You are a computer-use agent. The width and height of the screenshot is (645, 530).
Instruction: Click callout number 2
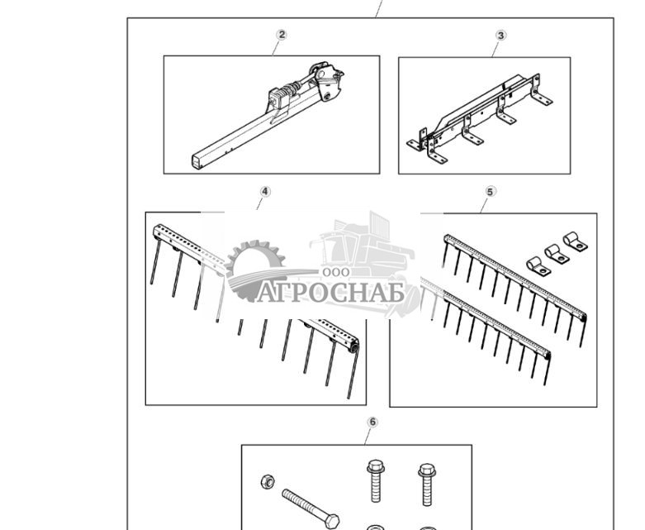(x=282, y=35)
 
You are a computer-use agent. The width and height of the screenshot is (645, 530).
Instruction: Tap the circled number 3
(x=500, y=36)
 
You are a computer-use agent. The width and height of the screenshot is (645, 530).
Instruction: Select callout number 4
(x=265, y=192)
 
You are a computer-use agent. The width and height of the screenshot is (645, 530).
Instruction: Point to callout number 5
(x=491, y=192)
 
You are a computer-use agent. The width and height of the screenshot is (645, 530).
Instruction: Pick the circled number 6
(x=372, y=423)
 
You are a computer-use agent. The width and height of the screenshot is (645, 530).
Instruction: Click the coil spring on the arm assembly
(x=292, y=89)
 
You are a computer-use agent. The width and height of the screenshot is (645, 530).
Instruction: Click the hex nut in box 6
(x=268, y=481)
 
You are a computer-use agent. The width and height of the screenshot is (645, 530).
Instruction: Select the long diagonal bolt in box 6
(x=311, y=509)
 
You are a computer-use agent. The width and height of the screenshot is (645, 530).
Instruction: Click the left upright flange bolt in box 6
(x=376, y=481)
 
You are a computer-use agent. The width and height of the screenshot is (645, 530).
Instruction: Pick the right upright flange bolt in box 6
(x=427, y=485)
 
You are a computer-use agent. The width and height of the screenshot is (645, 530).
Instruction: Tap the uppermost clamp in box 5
(x=575, y=241)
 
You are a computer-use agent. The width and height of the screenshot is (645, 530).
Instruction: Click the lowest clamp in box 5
(x=538, y=266)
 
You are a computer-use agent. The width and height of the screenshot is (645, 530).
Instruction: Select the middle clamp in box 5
(x=557, y=254)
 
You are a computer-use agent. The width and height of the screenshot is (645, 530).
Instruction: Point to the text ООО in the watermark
(x=336, y=272)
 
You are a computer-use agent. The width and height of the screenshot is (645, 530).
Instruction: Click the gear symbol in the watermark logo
(x=252, y=270)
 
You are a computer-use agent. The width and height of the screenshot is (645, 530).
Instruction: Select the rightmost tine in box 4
(x=353, y=373)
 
